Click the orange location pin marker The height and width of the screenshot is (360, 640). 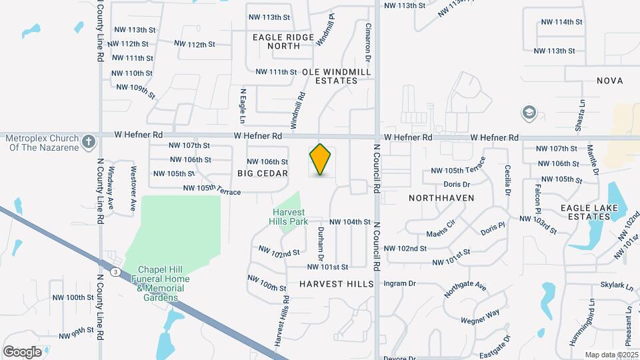(321, 159)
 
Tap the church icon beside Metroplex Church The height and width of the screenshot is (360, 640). (89, 141)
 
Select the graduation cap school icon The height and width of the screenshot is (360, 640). (529, 112)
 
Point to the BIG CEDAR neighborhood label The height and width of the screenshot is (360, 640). (263, 173)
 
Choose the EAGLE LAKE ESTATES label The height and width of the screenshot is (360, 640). (589, 212)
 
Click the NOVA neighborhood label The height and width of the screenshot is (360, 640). (610, 81)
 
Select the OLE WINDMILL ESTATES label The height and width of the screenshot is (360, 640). (330, 75)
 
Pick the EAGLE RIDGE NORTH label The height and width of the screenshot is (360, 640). (283, 41)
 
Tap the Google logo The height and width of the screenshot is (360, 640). (22, 351)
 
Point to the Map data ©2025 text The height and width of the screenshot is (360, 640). (611, 355)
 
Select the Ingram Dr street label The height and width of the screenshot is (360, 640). (401, 283)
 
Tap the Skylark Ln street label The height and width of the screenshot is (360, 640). (616, 285)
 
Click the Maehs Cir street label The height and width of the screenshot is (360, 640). (441, 234)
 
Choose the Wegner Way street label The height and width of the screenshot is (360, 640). (484, 313)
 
